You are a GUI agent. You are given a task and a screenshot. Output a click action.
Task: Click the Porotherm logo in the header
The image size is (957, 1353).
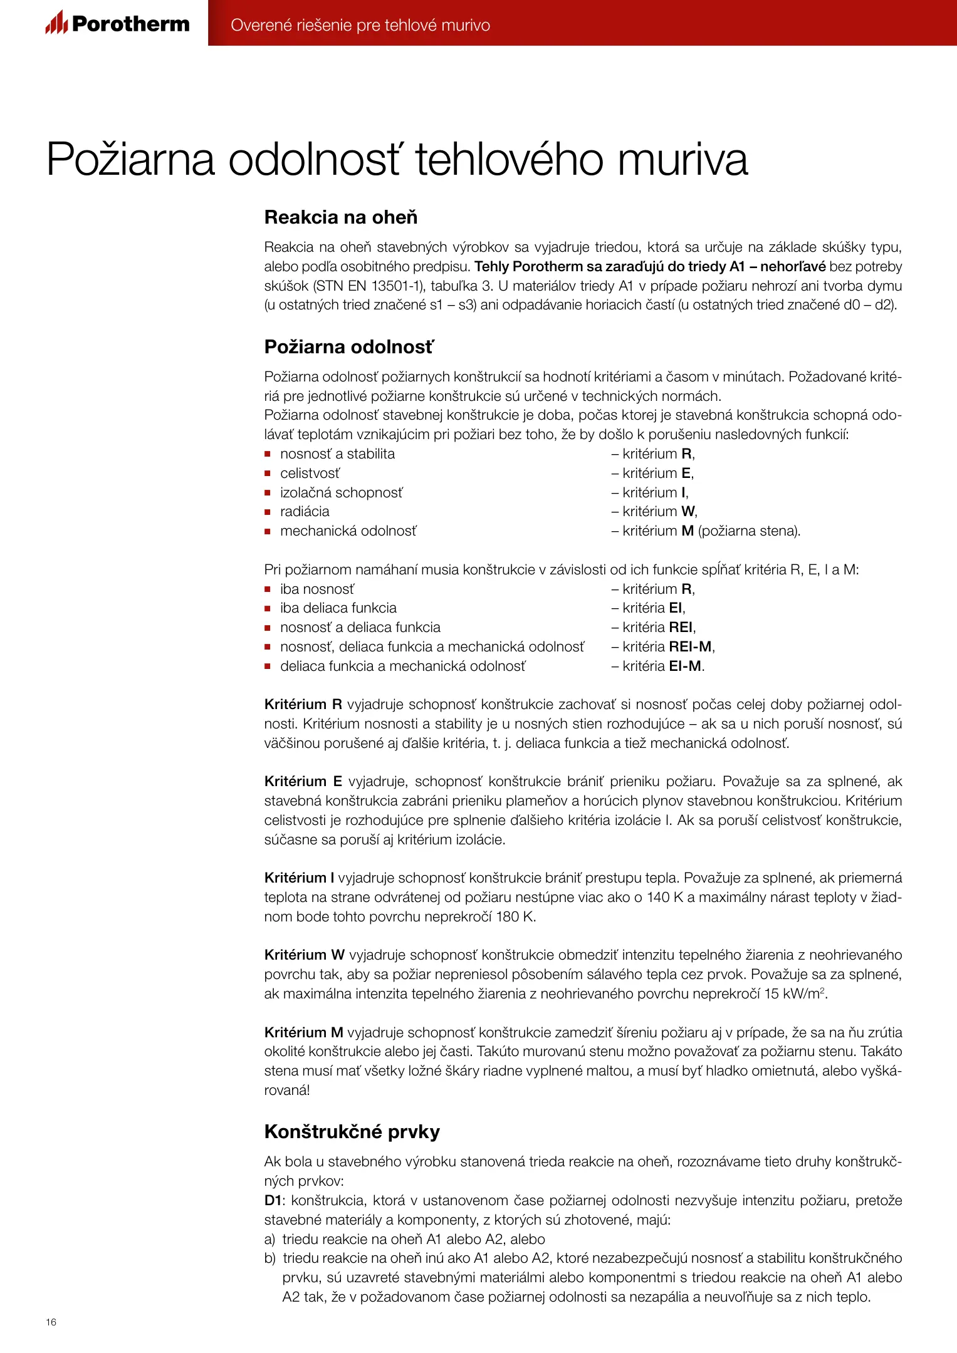(117, 23)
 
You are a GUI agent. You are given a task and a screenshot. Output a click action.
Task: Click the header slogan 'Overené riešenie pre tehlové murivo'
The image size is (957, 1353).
(360, 25)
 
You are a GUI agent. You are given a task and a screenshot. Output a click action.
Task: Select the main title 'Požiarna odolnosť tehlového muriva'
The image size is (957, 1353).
(397, 160)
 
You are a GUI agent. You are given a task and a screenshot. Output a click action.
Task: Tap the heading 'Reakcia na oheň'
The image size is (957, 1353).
(341, 217)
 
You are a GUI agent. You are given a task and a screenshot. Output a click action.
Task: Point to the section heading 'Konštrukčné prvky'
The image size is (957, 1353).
(352, 1131)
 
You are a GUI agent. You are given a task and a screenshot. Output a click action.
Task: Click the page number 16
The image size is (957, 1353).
(51, 1322)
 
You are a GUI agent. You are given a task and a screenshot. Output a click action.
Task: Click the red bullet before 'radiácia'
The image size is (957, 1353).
(268, 512)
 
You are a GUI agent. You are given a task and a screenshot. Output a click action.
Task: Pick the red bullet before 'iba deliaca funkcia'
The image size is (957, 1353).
(268, 608)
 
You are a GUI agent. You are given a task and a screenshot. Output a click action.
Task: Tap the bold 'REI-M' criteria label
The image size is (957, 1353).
(691, 646)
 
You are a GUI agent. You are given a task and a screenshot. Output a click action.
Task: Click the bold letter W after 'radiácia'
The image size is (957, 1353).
(688, 511)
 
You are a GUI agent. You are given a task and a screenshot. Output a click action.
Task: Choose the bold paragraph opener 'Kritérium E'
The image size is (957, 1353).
(303, 781)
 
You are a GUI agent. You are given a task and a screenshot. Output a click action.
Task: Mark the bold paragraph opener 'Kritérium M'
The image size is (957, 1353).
(304, 1032)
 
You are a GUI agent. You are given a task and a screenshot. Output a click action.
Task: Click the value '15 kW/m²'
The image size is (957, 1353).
(795, 993)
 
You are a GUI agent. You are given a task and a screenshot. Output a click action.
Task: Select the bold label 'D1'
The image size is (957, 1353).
(273, 1200)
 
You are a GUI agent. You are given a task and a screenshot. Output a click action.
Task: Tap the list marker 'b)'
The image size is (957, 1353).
(270, 1258)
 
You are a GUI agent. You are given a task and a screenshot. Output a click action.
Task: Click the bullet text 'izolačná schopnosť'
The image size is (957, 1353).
(342, 492)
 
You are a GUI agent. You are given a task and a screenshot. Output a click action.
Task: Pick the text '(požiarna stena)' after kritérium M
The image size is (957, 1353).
(749, 531)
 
